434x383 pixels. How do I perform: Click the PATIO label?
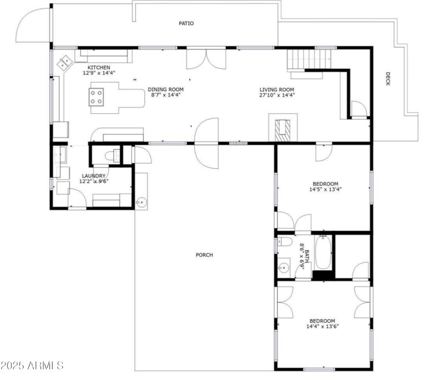(x=186, y=23)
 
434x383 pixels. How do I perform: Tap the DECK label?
(x=387, y=79)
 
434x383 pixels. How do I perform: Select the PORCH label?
(x=205, y=255)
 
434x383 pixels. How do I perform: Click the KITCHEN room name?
(x=99, y=67)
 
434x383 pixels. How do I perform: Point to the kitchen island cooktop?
(x=97, y=97)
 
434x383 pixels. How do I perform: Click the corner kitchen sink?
(x=66, y=62)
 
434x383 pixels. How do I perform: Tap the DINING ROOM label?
(x=165, y=90)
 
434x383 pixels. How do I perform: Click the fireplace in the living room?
(x=283, y=129)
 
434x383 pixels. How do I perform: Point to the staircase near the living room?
(x=308, y=59)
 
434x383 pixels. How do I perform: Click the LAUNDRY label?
(x=93, y=176)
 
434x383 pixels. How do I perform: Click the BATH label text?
(x=306, y=257)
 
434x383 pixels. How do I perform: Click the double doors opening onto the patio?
(x=206, y=59)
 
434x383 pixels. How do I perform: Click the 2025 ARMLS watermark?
(x=32, y=366)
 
